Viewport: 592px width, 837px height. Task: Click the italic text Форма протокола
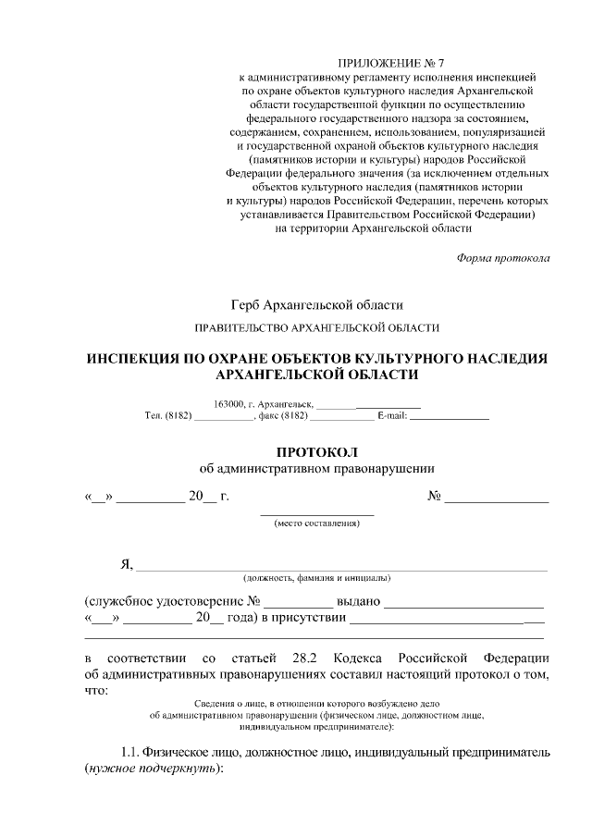click(x=503, y=257)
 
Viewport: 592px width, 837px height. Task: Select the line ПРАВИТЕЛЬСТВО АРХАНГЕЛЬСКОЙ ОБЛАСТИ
click(x=317, y=328)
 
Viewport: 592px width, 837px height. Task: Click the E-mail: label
click(x=392, y=417)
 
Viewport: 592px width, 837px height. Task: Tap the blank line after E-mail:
click(x=449, y=419)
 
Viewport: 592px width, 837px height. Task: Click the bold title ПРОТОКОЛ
click(x=316, y=452)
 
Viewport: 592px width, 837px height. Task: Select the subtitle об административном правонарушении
click(x=316, y=469)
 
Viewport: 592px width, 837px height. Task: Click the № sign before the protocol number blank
click(x=433, y=497)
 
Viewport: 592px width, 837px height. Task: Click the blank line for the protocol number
click(x=497, y=500)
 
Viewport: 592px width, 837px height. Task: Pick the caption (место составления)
click(x=317, y=523)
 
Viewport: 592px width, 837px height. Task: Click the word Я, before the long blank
click(x=128, y=565)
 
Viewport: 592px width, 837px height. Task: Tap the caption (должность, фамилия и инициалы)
click(x=316, y=578)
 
